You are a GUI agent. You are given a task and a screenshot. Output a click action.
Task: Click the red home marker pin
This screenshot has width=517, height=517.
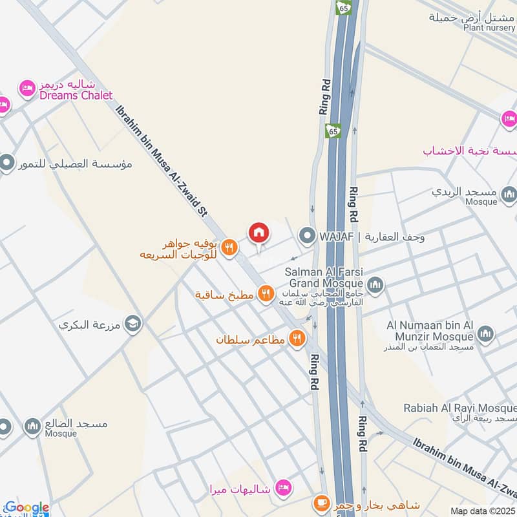[258, 233]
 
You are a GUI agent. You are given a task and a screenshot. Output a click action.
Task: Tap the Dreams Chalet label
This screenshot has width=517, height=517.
[76, 95]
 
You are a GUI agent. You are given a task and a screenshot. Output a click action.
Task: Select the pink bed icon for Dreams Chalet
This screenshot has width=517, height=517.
[27, 89]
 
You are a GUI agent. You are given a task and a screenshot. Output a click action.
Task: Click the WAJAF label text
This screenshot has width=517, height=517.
[336, 237]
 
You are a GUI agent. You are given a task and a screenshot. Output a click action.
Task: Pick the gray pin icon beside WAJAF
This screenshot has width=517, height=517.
[306, 236]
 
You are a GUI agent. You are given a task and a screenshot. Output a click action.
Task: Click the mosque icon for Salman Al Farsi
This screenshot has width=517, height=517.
[375, 285]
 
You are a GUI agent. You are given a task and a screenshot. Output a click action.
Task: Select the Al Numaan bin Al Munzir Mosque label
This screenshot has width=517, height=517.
[430, 330]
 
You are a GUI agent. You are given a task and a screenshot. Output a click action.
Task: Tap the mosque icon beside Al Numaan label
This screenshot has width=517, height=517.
[485, 333]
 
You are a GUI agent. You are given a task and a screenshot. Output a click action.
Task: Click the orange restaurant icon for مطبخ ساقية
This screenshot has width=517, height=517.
[265, 294]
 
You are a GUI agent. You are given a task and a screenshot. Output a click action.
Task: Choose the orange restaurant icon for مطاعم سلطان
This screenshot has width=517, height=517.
[297, 338]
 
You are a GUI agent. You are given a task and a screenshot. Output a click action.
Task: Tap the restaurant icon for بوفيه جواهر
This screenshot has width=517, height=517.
[228, 248]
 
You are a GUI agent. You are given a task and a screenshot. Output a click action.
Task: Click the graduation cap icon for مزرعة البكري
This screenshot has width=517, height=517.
[133, 322]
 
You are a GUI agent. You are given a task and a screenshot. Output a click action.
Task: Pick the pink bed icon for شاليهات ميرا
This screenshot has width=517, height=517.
[282, 488]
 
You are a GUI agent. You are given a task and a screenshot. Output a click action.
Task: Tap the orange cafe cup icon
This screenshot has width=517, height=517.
[321, 503]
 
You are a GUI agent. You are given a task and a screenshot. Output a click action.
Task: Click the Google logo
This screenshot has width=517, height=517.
[26, 508]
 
